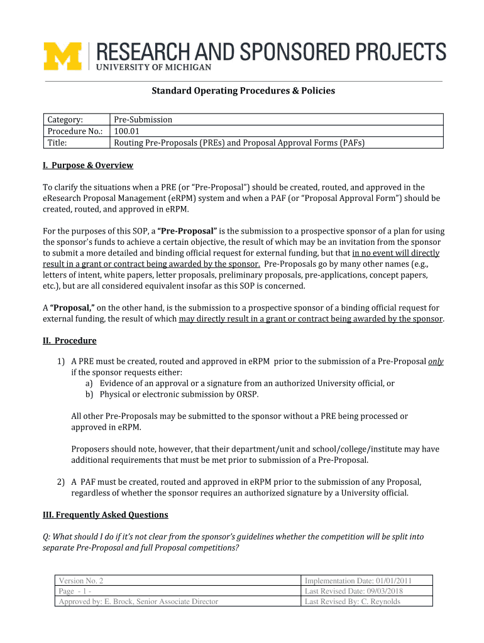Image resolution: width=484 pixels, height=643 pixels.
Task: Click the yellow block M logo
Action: [63, 56]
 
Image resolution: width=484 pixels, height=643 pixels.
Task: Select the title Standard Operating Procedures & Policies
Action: [243, 91]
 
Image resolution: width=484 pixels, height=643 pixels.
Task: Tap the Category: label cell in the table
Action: [66, 119]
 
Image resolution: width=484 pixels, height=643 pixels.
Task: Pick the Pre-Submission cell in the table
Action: [143, 119]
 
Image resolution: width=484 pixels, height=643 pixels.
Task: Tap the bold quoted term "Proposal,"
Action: [72, 308]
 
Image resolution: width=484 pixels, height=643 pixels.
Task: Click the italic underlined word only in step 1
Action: [436, 361]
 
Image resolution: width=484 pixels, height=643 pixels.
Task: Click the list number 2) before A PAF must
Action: [60, 482]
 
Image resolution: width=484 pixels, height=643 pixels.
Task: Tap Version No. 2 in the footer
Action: [80, 581]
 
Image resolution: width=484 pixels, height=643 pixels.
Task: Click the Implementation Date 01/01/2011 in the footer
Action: [358, 581]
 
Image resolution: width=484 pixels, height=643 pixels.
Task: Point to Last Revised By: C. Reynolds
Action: [352, 601]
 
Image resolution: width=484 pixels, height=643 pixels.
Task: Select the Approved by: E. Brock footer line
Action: [138, 601]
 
